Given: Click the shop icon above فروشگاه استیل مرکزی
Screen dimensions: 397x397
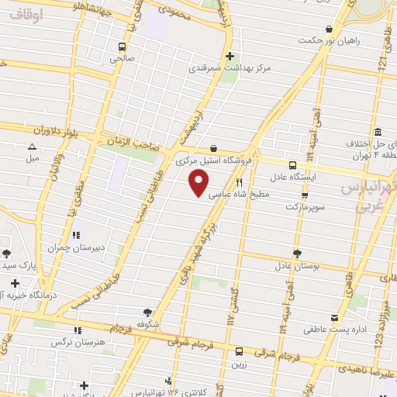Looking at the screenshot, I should click(x=213, y=148).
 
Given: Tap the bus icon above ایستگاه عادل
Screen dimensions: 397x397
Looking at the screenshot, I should click(x=292, y=165).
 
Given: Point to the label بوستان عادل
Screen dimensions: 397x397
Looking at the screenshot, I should click(x=298, y=266).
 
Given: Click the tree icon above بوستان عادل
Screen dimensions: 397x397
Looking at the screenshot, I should click(x=297, y=253).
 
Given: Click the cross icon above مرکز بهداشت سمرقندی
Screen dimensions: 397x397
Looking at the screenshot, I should click(x=230, y=55).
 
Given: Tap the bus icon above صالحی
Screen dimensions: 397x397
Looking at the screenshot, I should click(x=121, y=46).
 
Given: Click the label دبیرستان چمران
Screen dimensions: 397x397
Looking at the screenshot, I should click(x=76, y=248).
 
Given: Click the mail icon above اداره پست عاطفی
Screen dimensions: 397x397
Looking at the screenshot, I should click(x=335, y=318).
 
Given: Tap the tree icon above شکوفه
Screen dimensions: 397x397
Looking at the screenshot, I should click(x=137, y=311).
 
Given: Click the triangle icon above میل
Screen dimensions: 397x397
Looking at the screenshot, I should click(x=32, y=147).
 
